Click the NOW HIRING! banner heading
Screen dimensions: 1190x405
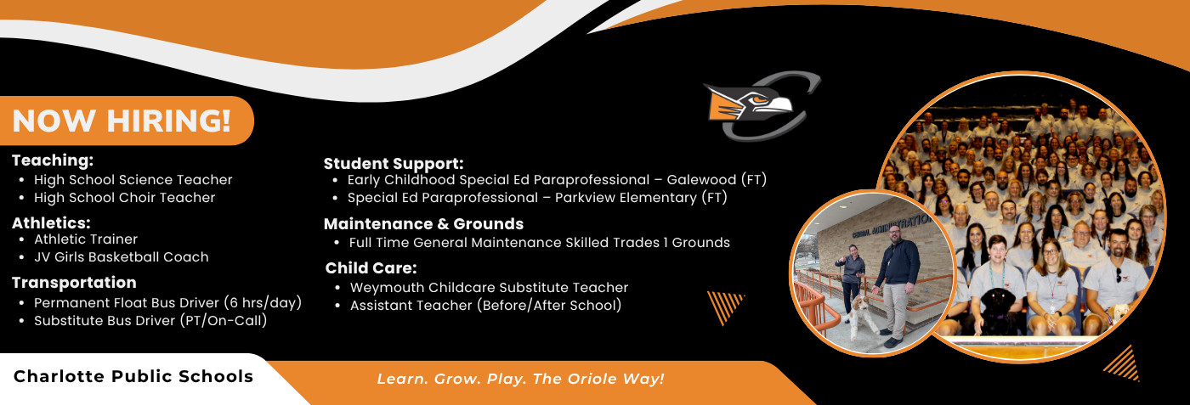tap(121, 121)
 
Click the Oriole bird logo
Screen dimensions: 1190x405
tap(761, 106)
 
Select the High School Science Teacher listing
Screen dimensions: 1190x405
tap(133, 180)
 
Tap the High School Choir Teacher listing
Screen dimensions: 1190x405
tap(124, 198)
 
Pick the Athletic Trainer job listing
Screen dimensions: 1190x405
tap(86, 239)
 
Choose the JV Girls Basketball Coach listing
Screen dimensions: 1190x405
tap(121, 257)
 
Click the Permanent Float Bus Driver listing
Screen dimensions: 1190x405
tap(167, 302)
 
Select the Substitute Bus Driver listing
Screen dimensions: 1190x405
tap(150, 321)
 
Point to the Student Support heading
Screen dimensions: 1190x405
tap(394, 164)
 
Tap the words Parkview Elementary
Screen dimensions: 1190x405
tap(626, 198)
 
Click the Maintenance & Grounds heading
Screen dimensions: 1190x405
tap(423, 224)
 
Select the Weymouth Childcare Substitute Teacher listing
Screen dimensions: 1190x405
tap(489, 288)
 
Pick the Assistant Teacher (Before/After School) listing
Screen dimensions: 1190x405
tap(485, 305)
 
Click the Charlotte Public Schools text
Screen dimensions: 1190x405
tap(133, 376)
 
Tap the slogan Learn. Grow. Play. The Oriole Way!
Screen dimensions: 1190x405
tap(520, 379)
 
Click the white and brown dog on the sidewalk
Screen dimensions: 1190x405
tap(862, 316)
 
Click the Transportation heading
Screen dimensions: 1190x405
tap(75, 283)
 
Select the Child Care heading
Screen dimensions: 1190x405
tap(371, 268)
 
